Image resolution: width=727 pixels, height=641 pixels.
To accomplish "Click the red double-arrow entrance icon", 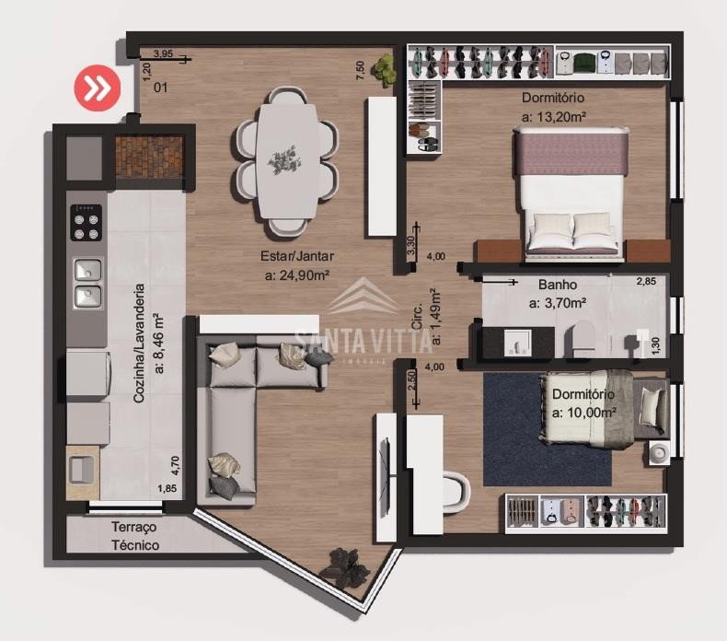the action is (x=98, y=88).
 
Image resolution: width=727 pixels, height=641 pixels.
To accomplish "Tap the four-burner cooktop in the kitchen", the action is (x=87, y=222).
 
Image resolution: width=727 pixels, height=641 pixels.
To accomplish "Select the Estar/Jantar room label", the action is (x=297, y=256).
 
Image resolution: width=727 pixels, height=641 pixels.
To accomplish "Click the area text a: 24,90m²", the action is (x=297, y=275).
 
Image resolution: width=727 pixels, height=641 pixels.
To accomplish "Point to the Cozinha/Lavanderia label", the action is (x=139, y=343).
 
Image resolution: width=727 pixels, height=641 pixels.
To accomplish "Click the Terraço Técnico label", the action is (x=135, y=536).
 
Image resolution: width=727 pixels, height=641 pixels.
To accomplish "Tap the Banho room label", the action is (x=558, y=285).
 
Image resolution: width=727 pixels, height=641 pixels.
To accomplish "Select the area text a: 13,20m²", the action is (x=554, y=116).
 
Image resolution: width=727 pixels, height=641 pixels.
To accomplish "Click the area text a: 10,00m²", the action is (x=583, y=413).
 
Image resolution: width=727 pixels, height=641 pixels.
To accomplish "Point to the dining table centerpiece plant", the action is (x=283, y=160).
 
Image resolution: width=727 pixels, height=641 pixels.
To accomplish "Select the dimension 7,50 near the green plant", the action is (x=360, y=70).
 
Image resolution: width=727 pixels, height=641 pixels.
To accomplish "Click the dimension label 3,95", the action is (x=163, y=53).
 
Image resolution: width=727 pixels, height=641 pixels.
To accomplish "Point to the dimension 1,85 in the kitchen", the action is (x=167, y=488).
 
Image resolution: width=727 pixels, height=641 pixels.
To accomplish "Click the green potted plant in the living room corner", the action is (x=385, y=70).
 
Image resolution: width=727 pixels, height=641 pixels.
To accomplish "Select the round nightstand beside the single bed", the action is (x=657, y=452).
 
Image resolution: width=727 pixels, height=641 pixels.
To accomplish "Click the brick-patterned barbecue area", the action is (x=150, y=157).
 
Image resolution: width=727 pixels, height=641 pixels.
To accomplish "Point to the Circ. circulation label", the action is (x=417, y=317).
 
